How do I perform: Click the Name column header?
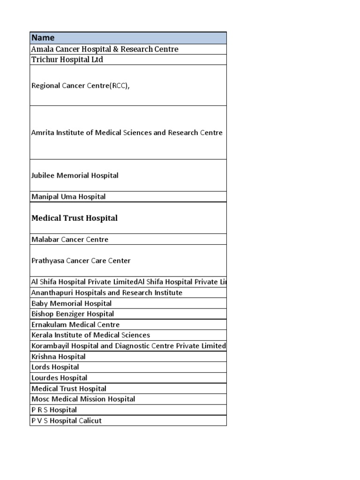pyautogui.click(x=43, y=38)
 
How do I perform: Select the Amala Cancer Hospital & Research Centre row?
pyautogui.click(x=105, y=49)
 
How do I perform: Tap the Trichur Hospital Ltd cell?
pyautogui.click(x=67, y=60)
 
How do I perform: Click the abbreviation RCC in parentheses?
pyautogui.click(x=119, y=86)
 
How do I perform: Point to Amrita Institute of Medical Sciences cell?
pyautogui.click(x=127, y=133)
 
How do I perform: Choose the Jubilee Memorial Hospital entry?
pyautogui.click(x=75, y=175)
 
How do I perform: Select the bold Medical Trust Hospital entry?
pyautogui.click(x=74, y=218)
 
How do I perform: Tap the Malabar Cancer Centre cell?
pyautogui.click(x=70, y=240)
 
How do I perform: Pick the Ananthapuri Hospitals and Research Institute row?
pyautogui.click(x=107, y=293)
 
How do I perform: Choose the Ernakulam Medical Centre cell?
pyautogui.click(x=75, y=325)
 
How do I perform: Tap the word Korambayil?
pyautogui.click(x=50, y=346)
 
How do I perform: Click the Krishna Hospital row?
pyautogui.click(x=59, y=357)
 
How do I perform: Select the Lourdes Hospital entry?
pyautogui.click(x=59, y=378)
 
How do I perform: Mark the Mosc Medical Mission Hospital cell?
pyautogui.click(x=83, y=399)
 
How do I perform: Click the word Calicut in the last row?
pyautogui.click(x=90, y=421)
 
